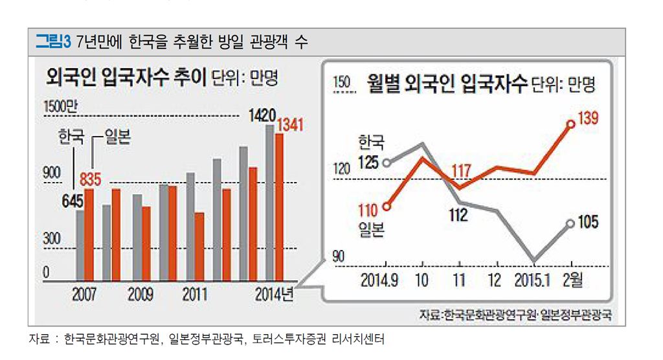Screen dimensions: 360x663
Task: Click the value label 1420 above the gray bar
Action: point(262,116)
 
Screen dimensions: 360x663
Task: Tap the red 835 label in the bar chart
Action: point(89,178)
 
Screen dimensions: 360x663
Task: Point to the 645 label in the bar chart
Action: point(73,201)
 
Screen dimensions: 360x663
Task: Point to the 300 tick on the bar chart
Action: point(52,239)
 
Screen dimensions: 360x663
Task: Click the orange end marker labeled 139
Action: point(570,124)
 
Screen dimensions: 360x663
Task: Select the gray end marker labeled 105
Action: point(570,223)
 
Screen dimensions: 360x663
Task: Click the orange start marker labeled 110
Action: point(387,207)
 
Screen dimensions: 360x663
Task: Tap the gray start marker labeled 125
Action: point(387,163)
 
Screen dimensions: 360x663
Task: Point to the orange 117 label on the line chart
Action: point(461,171)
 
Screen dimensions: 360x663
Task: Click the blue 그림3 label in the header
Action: point(52,43)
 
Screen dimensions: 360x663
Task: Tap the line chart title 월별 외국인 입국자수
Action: point(446,84)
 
